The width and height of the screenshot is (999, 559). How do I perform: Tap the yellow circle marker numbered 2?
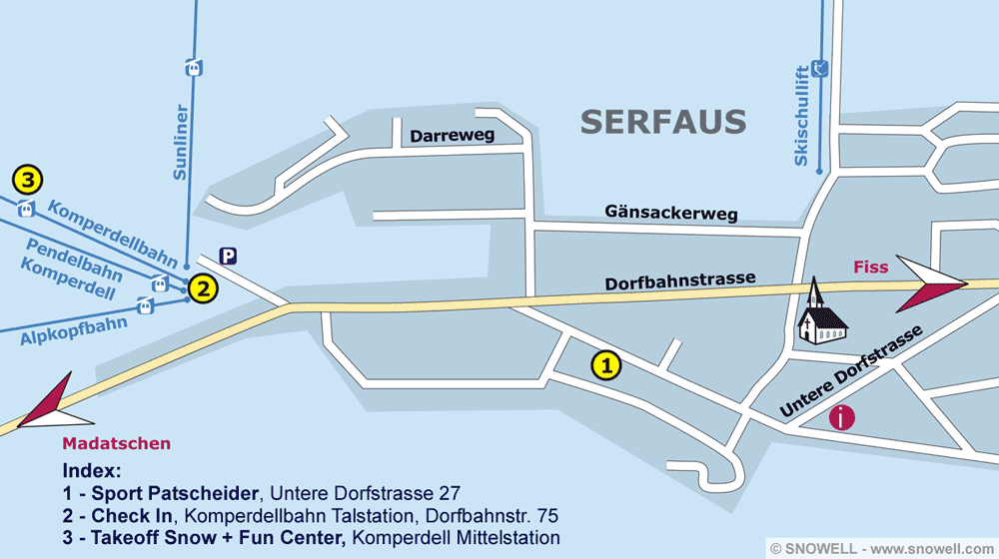(x=202, y=289)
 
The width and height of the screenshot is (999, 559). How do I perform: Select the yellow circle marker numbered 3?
(x=28, y=181)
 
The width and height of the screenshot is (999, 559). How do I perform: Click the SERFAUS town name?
(x=663, y=122)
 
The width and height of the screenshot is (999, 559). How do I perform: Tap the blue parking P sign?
(x=228, y=257)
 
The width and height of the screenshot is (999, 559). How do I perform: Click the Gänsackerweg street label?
(x=670, y=213)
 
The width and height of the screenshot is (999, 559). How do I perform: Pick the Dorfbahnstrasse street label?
(x=679, y=281)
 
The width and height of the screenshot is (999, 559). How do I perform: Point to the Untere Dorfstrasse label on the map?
(x=850, y=370)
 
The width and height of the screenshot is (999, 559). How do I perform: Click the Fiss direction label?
(x=870, y=268)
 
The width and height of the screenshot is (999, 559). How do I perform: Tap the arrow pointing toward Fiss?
(x=933, y=283)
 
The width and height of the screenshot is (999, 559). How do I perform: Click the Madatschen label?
(x=116, y=443)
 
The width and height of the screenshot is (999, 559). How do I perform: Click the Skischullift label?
(x=801, y=116)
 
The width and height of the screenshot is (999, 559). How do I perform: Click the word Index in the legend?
(x=91, y=470)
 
